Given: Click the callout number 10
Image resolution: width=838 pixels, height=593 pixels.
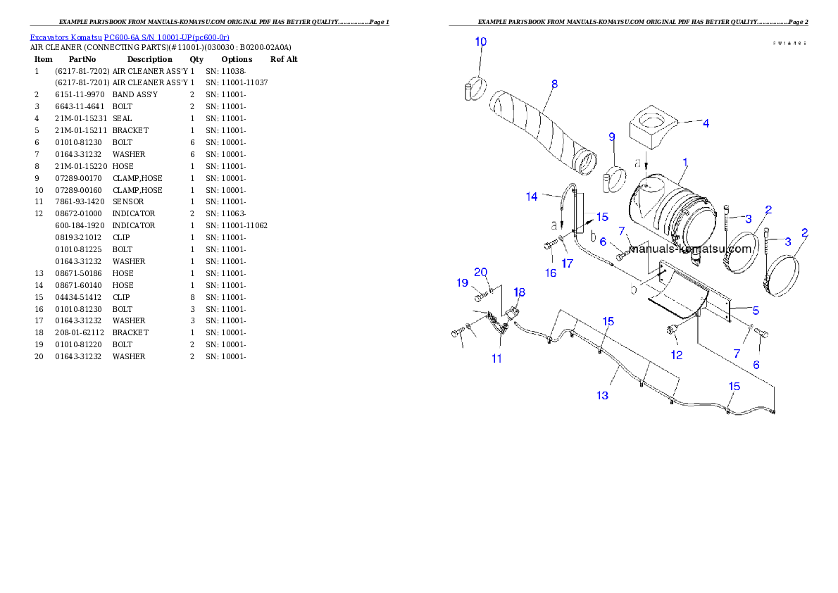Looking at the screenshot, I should [480, 42].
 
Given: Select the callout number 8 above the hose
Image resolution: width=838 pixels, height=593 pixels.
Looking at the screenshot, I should [554, 84].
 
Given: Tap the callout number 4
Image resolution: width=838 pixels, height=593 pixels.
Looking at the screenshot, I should [706, 123].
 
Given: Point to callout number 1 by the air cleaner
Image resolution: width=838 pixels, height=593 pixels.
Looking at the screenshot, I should [685, 162].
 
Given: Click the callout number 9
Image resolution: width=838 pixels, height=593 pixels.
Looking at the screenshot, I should [612, 136].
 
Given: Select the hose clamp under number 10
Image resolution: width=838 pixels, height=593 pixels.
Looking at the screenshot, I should [475, 89].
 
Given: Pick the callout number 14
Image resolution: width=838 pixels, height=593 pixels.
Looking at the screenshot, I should [532, 196].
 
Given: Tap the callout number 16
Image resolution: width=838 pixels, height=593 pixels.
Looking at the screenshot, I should [551, 272].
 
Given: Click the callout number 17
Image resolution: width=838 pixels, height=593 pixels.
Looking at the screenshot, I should [568, 263].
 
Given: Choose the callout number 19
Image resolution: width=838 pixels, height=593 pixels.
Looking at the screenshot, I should [462, 283].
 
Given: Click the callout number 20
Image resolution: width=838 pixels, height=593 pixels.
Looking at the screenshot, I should [481, 273].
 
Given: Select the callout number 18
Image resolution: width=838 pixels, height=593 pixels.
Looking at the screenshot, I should [519, 292].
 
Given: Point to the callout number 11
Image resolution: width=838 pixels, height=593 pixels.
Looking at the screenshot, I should [496, 358].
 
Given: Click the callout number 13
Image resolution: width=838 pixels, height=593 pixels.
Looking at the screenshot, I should [602, 396].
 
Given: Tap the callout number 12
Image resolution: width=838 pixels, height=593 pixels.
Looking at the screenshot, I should [676, 355].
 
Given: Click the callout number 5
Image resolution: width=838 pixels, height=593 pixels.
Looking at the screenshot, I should [756, 310].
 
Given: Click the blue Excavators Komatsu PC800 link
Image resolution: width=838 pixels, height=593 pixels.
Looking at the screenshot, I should [130, 37].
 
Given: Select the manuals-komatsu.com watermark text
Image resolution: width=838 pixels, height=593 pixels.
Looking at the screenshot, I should [690, 249].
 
